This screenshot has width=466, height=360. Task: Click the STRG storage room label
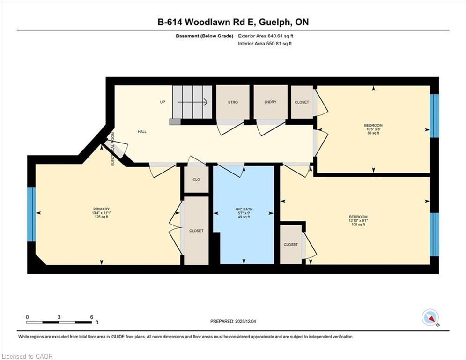[233, 102]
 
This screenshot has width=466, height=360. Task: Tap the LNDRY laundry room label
[270, 102]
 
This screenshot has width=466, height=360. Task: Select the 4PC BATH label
[244, 209]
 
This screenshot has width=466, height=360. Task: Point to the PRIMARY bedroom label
[101, 209]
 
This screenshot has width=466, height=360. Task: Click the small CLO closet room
[196, 180]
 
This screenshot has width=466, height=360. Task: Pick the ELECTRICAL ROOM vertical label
[113, 149]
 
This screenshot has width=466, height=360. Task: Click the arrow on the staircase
[192, 102]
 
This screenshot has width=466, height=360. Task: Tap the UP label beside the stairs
[162, 102]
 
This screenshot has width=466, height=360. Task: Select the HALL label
[142, 132]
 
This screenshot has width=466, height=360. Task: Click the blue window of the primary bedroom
[31, 214]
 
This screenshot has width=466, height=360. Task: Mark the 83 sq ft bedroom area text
[373, 133]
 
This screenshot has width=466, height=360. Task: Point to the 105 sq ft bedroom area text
[358, 225]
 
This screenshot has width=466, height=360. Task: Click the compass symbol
[430, 318]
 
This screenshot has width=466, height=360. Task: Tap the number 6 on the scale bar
[91, 317]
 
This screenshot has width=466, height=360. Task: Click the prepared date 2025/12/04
[245, 321]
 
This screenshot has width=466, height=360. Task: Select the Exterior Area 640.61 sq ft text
[266, 36]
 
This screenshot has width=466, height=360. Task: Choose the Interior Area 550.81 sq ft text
[265, 44]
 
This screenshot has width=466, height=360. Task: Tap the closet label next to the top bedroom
[302, 102]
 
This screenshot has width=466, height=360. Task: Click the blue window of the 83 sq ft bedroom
[435, 116]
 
